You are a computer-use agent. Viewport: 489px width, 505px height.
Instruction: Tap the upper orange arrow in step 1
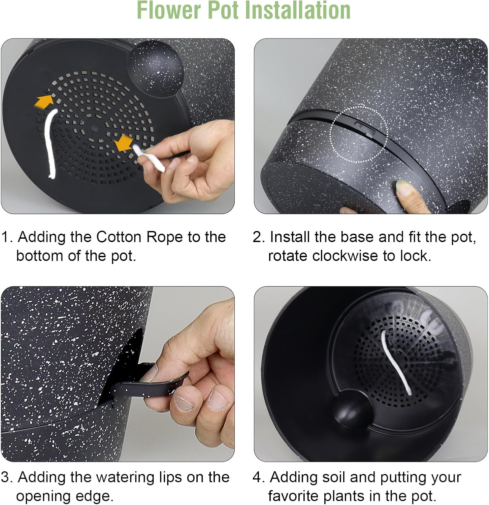click(x=44, y=101)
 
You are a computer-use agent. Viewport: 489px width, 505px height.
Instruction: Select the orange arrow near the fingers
click(x=124, y=143)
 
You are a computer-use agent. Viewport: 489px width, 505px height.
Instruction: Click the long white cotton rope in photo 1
click(x=51, y=143)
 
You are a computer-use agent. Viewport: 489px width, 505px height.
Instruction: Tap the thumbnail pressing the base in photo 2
click(x=405, y=188)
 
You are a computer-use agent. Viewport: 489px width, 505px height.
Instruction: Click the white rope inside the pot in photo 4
click(x=397, y=362)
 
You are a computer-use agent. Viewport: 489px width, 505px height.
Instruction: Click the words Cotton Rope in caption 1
click(x=139, y=237)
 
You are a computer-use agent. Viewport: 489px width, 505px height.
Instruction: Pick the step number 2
click(x=258, y=237)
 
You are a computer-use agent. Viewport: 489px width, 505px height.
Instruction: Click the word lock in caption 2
click(x=415, y=256)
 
